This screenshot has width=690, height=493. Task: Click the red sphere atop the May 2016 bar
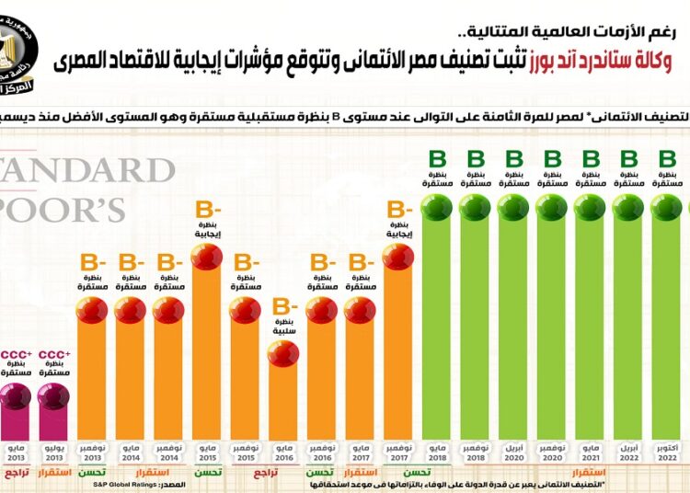pos(283,353)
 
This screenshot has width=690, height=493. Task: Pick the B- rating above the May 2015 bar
pos(207,211)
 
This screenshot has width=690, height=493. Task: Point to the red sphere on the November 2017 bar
pos(397,258)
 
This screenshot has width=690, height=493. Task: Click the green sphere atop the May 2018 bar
pos(436,208)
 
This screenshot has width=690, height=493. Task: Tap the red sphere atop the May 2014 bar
pos(131,310)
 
